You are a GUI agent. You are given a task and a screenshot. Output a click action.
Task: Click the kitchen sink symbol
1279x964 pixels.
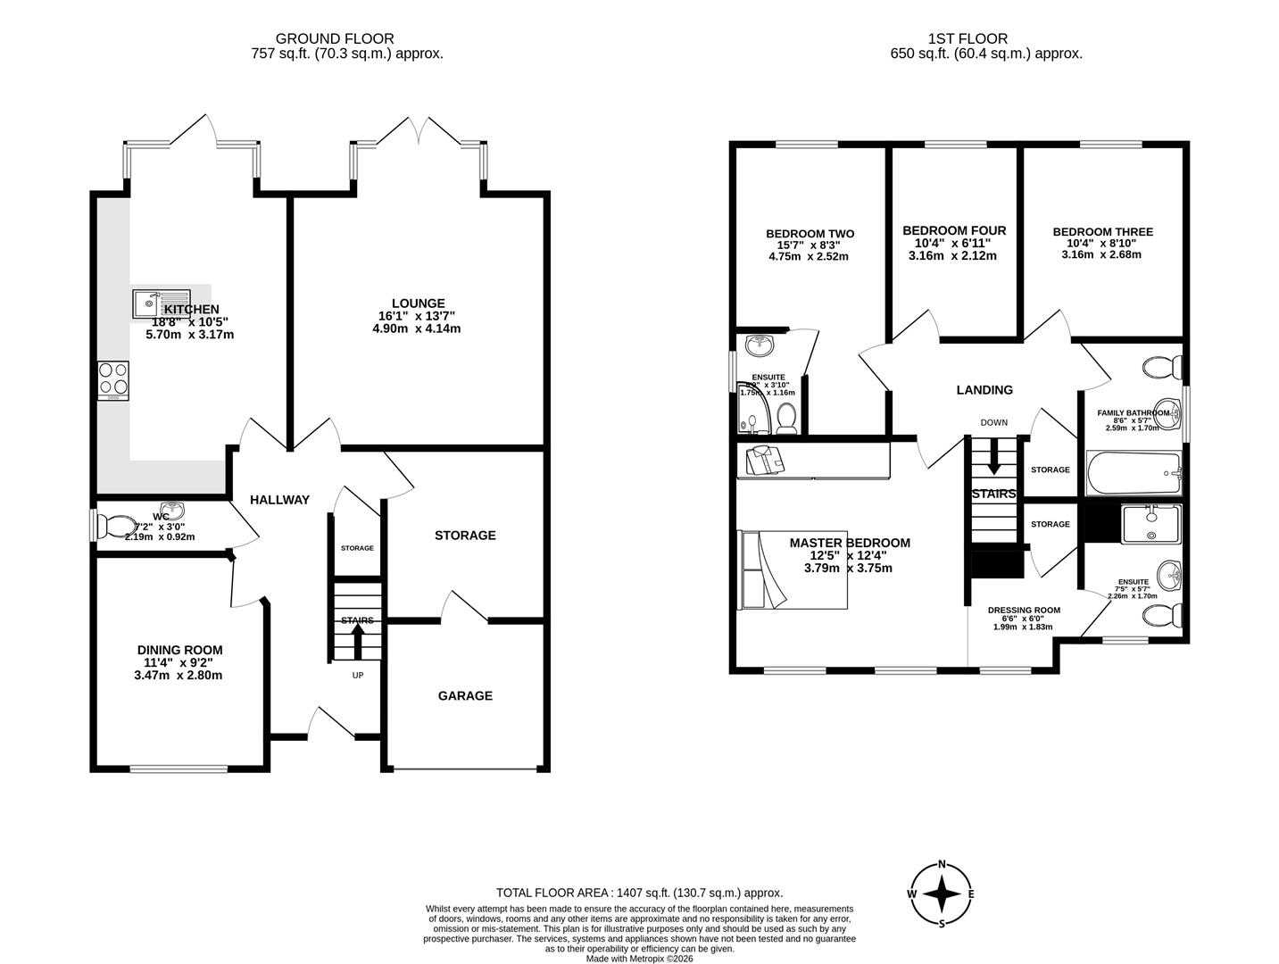click(x=162, y=303)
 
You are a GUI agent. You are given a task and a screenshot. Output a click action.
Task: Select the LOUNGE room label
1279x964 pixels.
click(x=417, y=304)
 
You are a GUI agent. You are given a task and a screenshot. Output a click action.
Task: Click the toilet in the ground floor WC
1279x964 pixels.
click(x=114, y=527)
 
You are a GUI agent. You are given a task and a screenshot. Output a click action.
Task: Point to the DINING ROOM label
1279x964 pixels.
click(x=179, y=650)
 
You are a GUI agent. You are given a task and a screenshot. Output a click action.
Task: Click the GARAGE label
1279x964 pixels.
click(x=464, y=695)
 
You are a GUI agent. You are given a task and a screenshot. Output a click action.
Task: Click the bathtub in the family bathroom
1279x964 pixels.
click(x=1133, y=473)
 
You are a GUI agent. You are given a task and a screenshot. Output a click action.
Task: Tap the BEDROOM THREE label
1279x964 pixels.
click(x=1102, y=232)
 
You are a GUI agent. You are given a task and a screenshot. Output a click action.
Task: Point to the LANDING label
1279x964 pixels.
click(x=984, y=390)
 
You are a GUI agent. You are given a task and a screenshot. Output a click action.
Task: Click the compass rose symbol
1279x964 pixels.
click(x=942, y=893)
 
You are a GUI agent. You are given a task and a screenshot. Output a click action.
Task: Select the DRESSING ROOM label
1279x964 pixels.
click(x=1024, y=611)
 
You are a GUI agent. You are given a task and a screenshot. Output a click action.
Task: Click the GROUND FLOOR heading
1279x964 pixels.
click(x=335, y=38)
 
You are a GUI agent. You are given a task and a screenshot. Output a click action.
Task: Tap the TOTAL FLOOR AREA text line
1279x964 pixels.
click(x=639, y=893)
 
